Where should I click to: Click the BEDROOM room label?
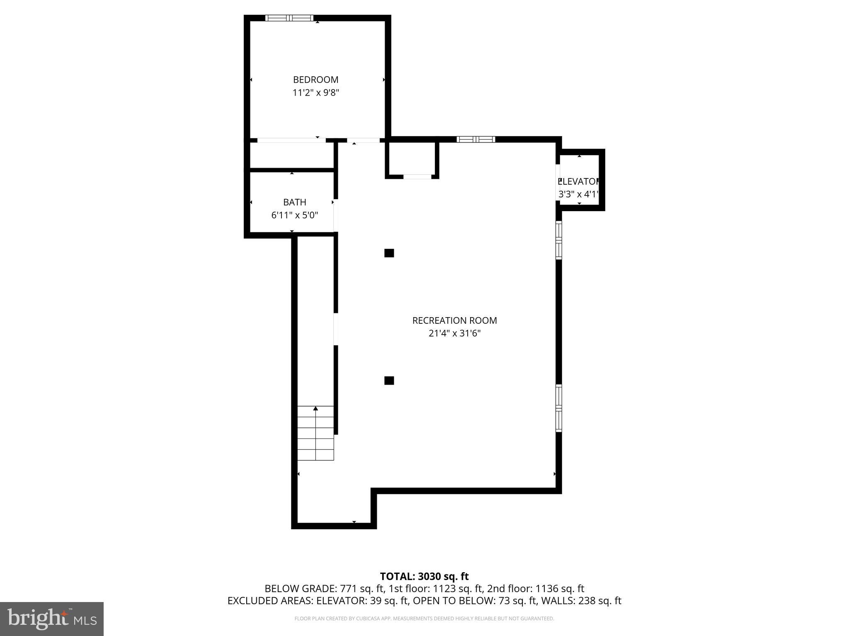[315, 79]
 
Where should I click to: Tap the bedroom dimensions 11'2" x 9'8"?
[315, 93]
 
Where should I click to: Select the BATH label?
[294, 202]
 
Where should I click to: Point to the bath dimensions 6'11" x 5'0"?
[294, 215]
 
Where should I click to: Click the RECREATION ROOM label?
[454, 320]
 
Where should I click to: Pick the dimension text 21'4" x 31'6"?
[454, 333]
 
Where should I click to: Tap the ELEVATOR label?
[579, 181]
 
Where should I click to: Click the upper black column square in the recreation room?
[389, 253]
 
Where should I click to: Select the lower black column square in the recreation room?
[389, 381]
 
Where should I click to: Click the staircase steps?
[315, 435]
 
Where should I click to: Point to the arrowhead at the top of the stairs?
[315, 409]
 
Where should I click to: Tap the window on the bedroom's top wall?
[289, 18]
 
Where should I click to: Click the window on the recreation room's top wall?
[475, 140]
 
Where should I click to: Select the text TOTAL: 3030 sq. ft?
[424, 576]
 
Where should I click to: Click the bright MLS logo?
[52, 619]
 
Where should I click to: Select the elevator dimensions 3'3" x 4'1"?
[579, 194]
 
